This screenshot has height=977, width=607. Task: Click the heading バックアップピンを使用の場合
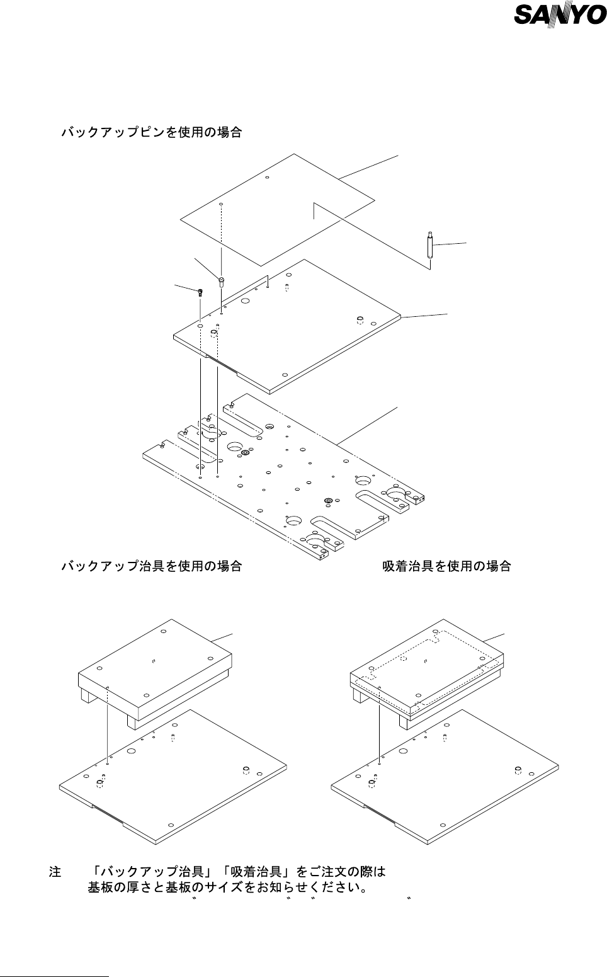[x=151, y=133]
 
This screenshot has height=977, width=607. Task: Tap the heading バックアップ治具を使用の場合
[x=151, y=566]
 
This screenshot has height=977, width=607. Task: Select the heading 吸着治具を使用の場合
[x=446, y=566]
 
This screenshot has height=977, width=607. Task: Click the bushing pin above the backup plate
[x=222, y=281]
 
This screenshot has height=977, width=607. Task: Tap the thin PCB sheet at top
[x=277, y=208]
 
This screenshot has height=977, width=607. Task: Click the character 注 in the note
[x=55, y=872]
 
